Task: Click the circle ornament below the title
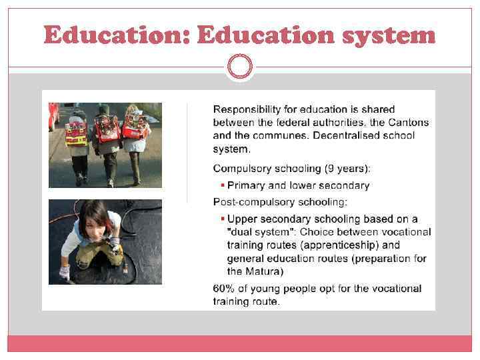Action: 240,67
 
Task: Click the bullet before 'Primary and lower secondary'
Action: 223,185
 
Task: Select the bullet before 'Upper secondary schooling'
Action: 223,219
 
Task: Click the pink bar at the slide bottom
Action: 240,343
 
